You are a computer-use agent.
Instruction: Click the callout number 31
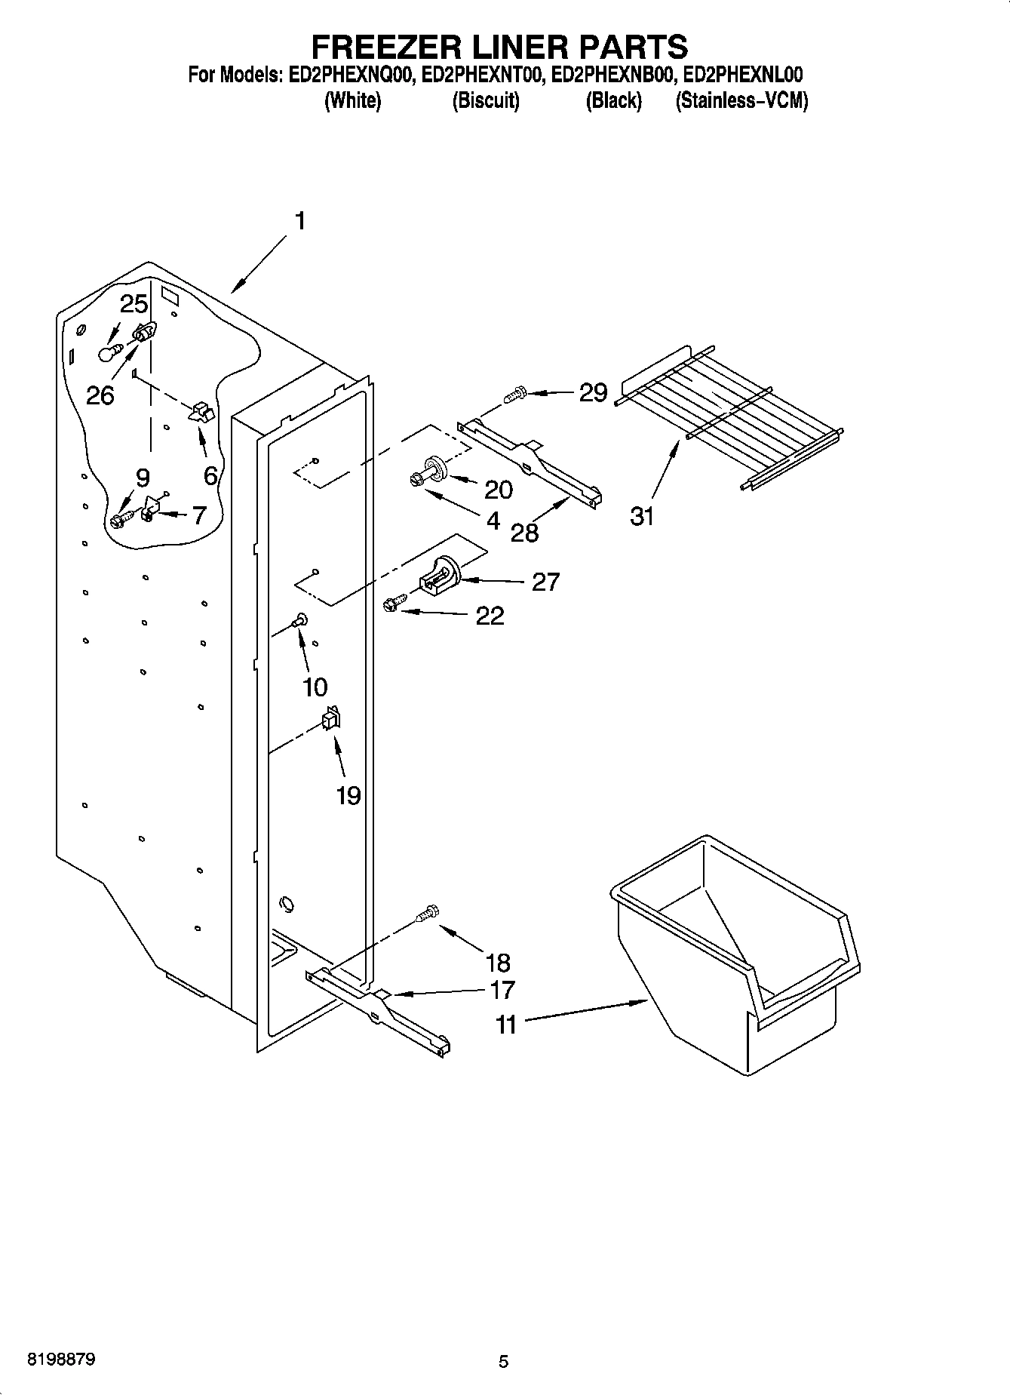tap(642, 517)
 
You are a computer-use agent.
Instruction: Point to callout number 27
tap(545, 582)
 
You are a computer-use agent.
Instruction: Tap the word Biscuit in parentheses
tap(486, 101)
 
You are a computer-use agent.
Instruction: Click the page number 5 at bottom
tap(503, 1362)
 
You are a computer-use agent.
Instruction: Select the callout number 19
tap(348, 795)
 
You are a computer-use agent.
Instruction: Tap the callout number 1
tap(299, 221)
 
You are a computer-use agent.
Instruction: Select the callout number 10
tap(315, 687)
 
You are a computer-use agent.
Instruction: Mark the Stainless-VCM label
tap(741, 101)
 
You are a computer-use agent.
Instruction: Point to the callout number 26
tap(100, 395)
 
